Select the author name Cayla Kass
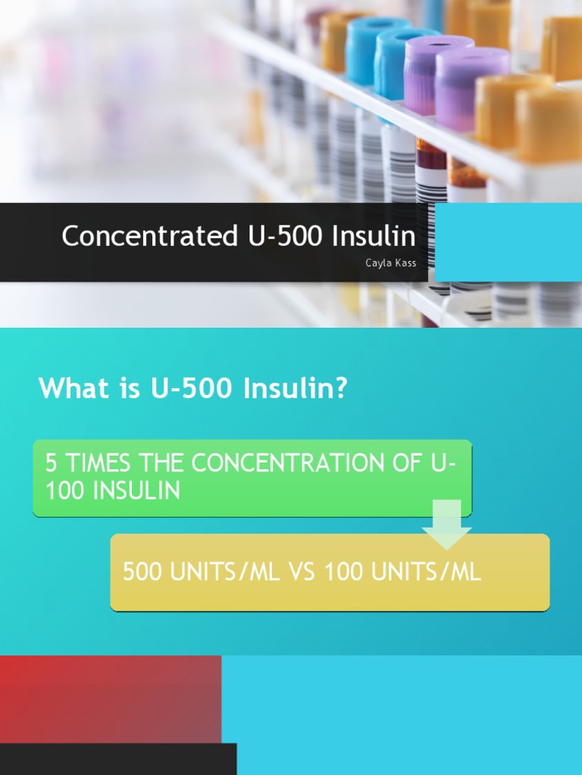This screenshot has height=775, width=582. click(x=390, y=263)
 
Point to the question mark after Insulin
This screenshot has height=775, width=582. click(x=339, y=388)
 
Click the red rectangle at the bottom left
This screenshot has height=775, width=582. click(x=110, y=699)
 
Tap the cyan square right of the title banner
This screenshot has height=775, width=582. click(x=508, y=242)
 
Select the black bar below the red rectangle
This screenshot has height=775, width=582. click(x=117, y=759)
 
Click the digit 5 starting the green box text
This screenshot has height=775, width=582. click(x=52, y=463)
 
